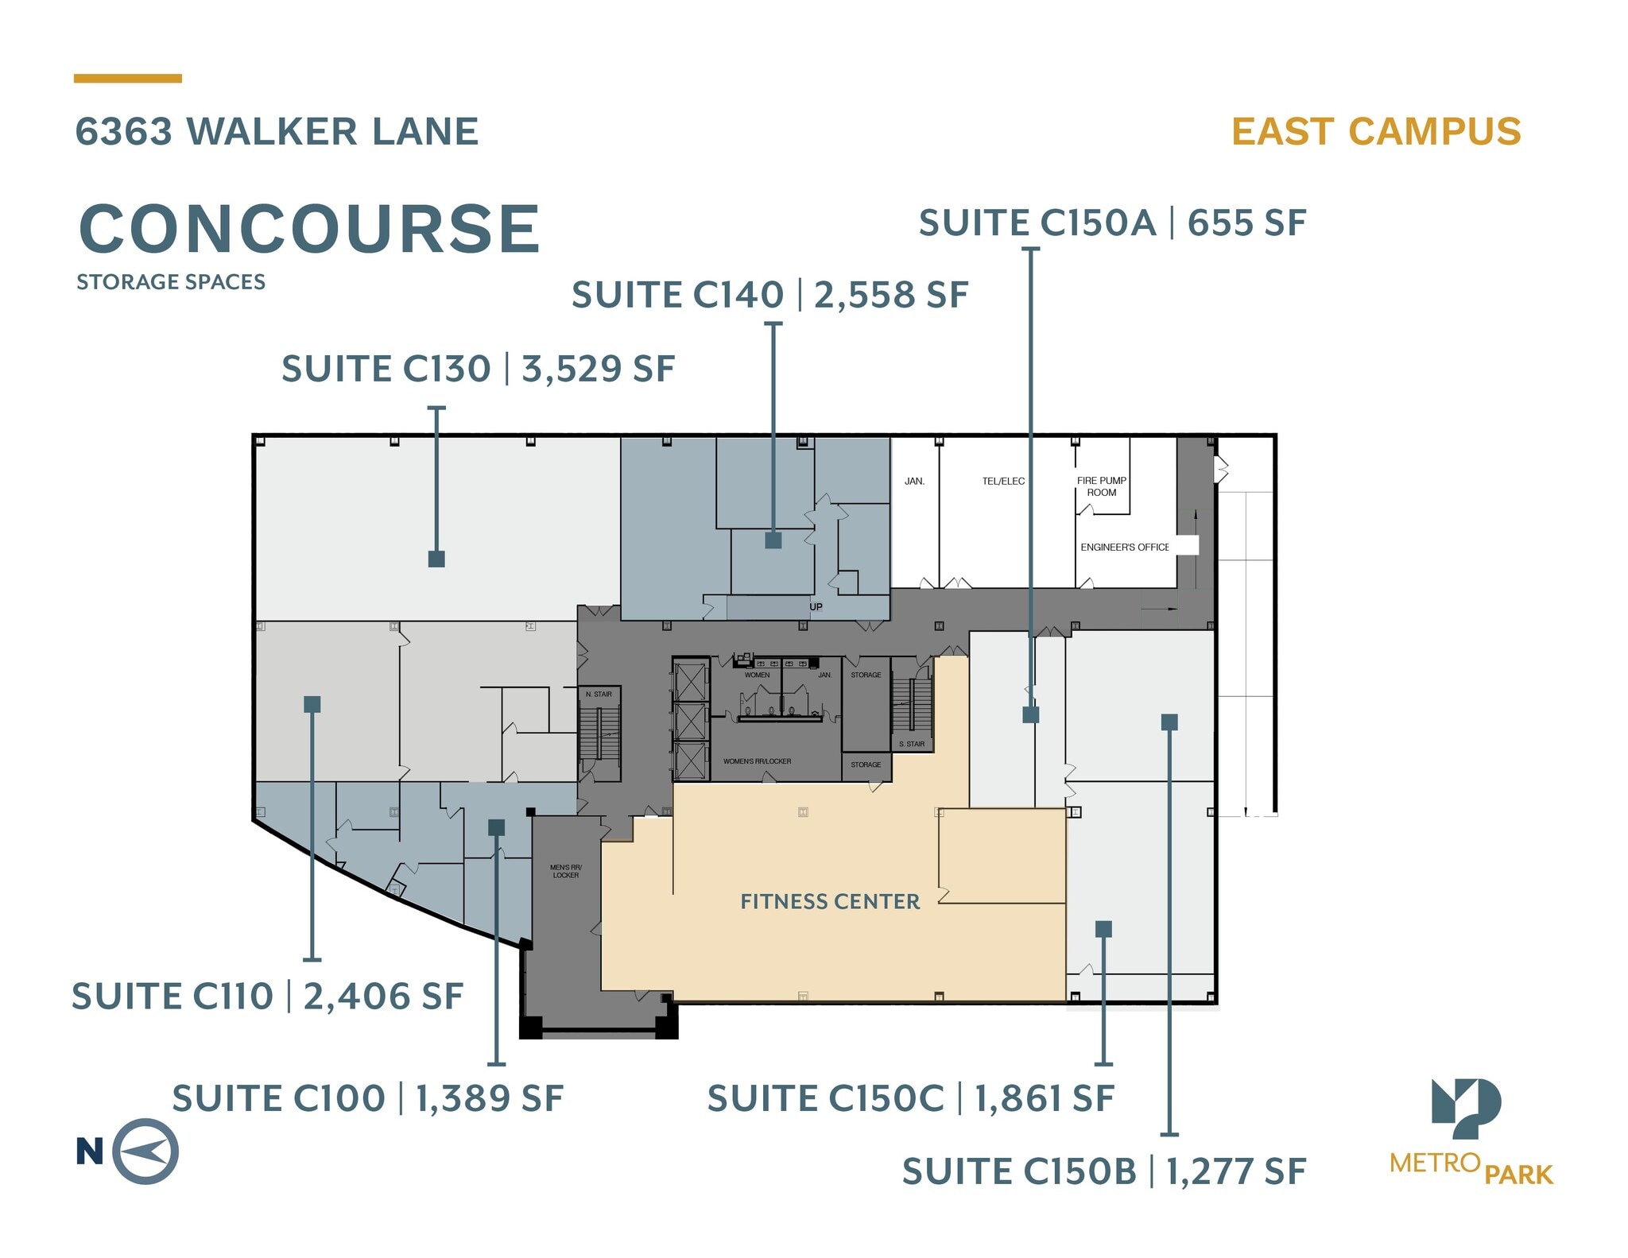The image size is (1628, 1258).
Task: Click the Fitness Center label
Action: pyautogui.click(x=830, y=901)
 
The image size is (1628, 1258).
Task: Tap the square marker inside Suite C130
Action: pyautogui.click(x=436, y=559)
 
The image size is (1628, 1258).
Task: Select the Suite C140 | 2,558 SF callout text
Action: pyautogui.click(x=769, y=295)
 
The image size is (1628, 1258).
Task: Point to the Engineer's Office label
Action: pyautogui.click(x=1124, y=548)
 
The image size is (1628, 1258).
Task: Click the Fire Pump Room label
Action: pyautogui.click(x=1101, y=486)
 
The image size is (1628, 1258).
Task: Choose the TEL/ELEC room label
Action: pyautogui.click(x=1003, y=482)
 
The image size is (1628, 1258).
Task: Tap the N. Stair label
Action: pyautogui.click(x=599, y=695)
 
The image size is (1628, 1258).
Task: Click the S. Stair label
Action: pyautogui.click(x=912, y=745)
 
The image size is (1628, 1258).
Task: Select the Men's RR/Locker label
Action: pyautogui.click(x=566, y=871)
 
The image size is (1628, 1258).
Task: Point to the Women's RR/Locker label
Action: pyautogui.click(x=757, y=761)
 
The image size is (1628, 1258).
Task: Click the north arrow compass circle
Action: pyautogui.click(x=145, y=1152)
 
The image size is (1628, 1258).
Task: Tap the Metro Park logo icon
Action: pyautogui.click(x=1466, y=1108)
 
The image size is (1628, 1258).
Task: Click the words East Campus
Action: pyautogui.click(x=1376, y=132)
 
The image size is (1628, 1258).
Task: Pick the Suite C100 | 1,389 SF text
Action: pyautogui.click(x=367, y=1099)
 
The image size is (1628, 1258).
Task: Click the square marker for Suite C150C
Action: pyautogui.click(x=1103, y=929)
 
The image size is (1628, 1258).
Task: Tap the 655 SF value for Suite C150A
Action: pyautogui.click(x=1246, y=223)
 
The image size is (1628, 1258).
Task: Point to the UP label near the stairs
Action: pyautogui.click(x=816, y=607)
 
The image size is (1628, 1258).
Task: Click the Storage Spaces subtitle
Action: pyautogui.click(x=171, y=282)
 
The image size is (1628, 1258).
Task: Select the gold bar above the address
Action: pyautogui.click(x=128, y=79)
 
